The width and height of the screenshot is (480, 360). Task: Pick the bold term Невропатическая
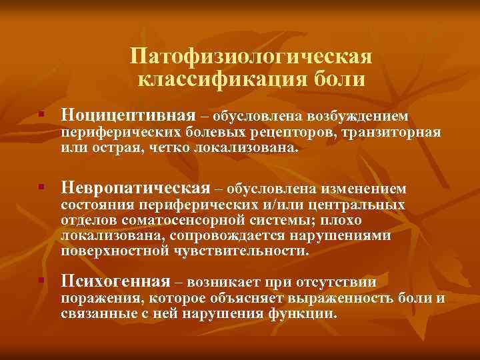coord(135,189)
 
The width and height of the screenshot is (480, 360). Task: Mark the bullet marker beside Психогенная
coord(41,283)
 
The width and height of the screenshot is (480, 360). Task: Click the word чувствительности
coord(241,251)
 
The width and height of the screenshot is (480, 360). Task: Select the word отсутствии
coord(344,283)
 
